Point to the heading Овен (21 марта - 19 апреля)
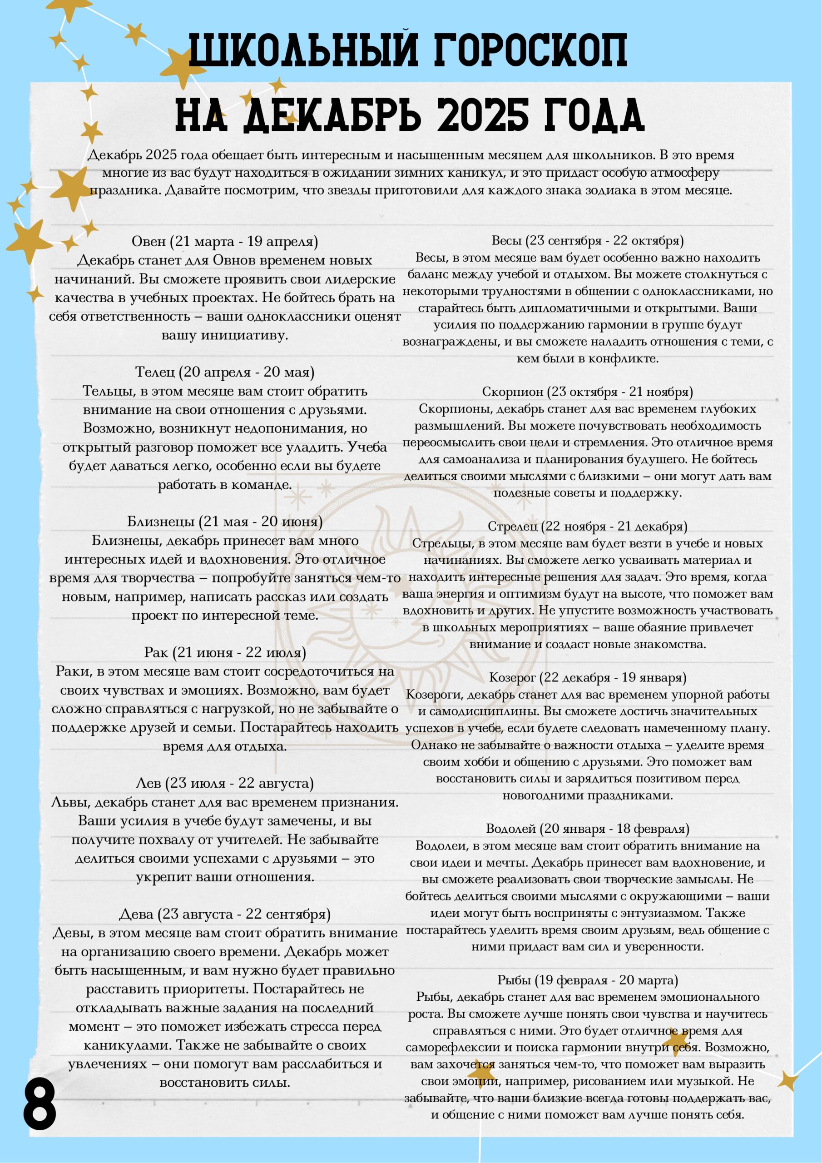(x=224, y=241)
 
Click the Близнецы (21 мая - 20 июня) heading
(x=224, y=521)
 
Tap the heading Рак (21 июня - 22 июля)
(x=224, y=652)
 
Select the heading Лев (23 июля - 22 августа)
(x=224, y=783)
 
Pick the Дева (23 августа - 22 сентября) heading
(x=224, y=914)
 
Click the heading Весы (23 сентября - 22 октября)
(x=588, y=240)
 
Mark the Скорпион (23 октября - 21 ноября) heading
(x=588, y=392)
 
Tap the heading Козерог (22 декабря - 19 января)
(x=588, y=678)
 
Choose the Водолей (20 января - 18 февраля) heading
(x=588, y=829)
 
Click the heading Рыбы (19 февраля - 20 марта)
(x=588, y=980)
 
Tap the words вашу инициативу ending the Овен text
(x=224, y=335)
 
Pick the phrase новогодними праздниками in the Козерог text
(x=588, y=795)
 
